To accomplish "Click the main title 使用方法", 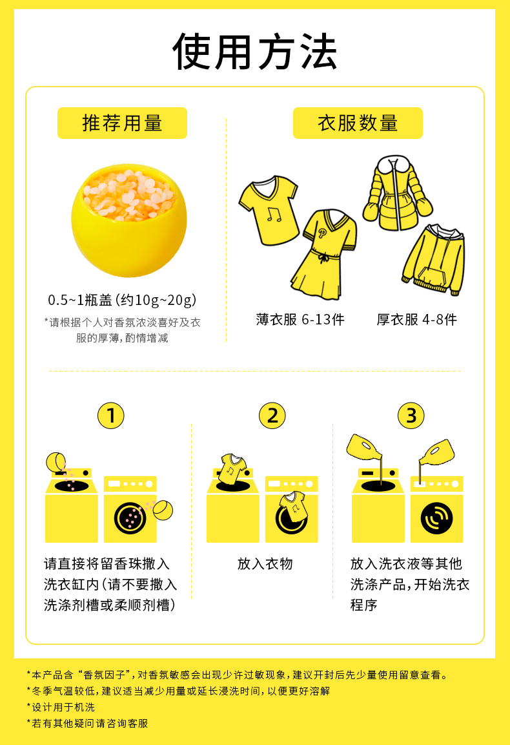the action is [255, 52].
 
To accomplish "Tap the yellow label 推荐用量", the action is [122, 123].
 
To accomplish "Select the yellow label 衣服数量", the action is [358, 123].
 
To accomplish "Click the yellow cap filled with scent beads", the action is [128, 220].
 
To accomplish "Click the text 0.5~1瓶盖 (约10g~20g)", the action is [122, 300].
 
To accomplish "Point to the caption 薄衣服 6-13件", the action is [300, 319].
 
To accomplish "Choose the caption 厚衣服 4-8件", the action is [417, 319].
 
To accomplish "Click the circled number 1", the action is [110, 415].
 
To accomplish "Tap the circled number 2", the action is [272, 415].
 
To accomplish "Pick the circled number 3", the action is [411, 415].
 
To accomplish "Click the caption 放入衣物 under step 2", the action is [265, 564].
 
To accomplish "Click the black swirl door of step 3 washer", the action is [436, 518].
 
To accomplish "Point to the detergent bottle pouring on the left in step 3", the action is [365, 448].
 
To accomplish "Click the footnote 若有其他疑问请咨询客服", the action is [87, 724].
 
